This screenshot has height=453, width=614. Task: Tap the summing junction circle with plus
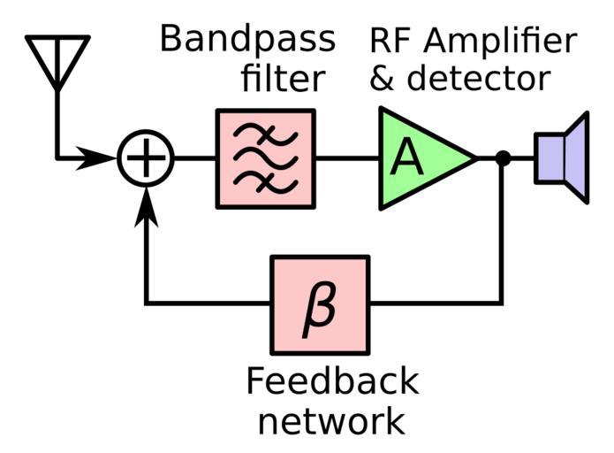point(147,159)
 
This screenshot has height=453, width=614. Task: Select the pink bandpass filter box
point(265,158)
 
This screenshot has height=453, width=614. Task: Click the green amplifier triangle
point(420,158)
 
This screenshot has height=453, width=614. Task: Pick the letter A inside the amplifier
point(406,158)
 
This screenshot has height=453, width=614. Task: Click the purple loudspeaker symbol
point(562,157)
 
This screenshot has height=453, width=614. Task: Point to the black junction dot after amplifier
point(502,159)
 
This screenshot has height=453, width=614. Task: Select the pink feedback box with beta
point(320,303)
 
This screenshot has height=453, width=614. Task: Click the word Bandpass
point(247,39)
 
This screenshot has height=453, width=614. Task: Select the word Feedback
point(331,382)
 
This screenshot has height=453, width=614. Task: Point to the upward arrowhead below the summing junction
point(147,205)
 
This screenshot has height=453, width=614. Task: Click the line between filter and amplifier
point(347,159)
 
